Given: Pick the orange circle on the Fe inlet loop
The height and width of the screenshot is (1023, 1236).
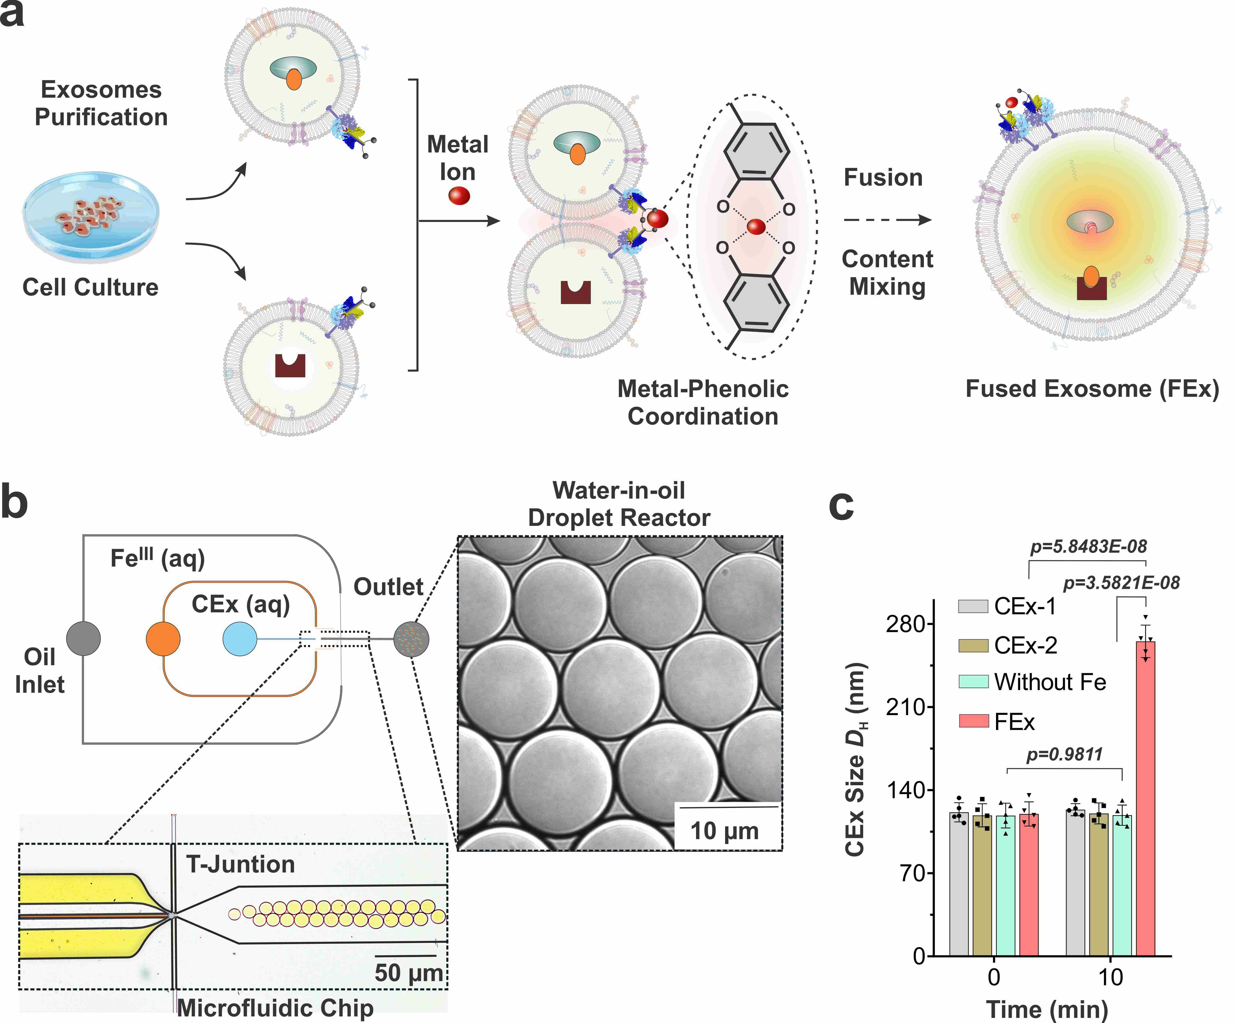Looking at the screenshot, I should (x=163, y=638).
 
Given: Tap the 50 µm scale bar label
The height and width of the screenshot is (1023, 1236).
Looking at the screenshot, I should (x=409, y=972).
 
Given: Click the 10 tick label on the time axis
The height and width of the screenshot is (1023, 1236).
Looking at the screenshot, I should (x=1110, y=977).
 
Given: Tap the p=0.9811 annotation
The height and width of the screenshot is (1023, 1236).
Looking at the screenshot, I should (x=1064, y=754).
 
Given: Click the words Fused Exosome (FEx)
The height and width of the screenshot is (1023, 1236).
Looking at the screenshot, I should (x=1092, y=389).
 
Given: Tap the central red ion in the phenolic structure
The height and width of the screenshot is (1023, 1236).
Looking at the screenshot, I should (x=756, y=227).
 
